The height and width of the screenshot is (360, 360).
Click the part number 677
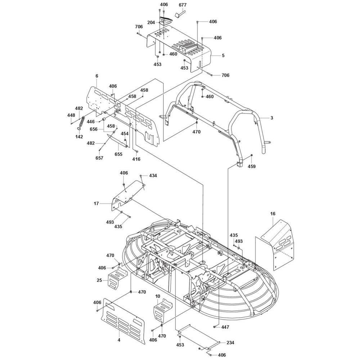coord(183,5)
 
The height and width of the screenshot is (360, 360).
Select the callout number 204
coord(151,22)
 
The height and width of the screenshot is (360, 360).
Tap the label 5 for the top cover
coord(223,55)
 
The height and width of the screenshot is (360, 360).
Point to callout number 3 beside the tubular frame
coord(272,118)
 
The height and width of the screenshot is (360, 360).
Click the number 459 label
coord(252,166)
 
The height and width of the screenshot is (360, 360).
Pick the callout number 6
coord(96,76)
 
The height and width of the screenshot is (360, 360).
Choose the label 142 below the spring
coord(79,136)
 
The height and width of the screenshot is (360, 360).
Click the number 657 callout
coord(99,158)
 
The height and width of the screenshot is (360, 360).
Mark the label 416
coord(136,159)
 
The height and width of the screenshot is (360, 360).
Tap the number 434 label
coord(153,175)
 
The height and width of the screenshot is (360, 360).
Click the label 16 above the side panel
coord(273,214)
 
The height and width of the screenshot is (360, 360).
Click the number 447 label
coord(225,327)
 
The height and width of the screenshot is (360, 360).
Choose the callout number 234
coord(231,342)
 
